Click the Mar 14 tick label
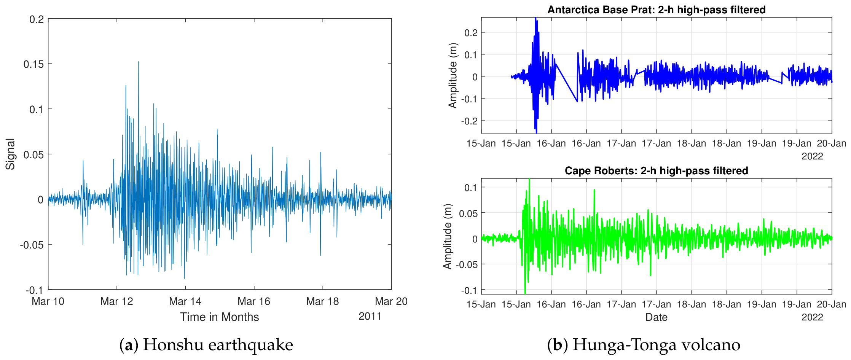185,301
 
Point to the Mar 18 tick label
322,301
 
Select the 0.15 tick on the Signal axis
34,64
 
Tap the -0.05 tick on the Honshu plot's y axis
32,245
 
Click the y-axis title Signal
10,154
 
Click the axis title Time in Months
220,317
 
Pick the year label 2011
370,316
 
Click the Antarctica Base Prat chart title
657,10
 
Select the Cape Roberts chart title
657,170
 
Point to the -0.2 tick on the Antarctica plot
469,121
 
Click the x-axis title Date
657,317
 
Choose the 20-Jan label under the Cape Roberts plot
832,304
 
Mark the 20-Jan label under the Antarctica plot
832,143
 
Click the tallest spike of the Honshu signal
139,62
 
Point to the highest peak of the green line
529,179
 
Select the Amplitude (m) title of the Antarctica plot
453,75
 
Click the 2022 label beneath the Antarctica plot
812,156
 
